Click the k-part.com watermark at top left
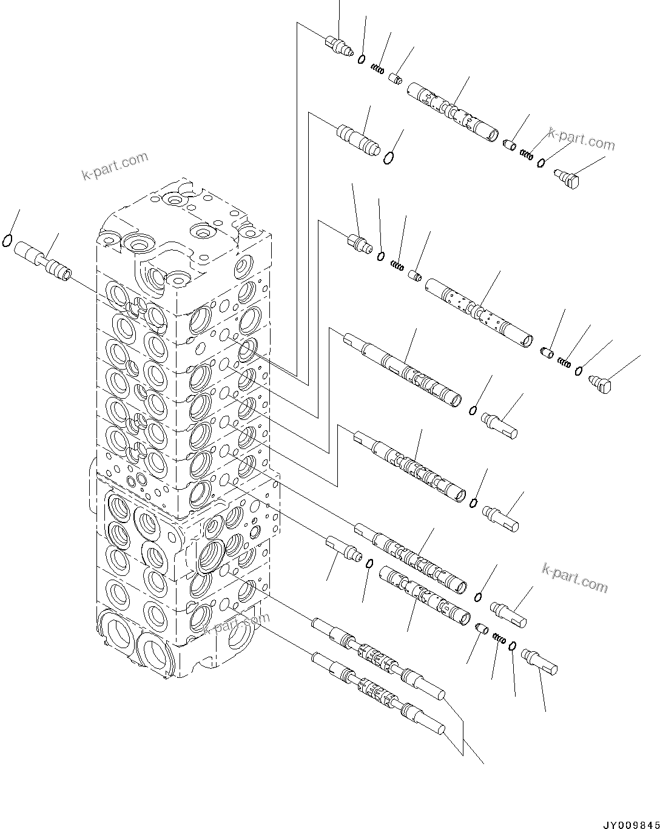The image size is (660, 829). (x=115, y=167)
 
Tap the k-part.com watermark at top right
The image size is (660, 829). (x=581, y=139)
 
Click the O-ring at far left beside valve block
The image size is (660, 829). (x=7, y=241)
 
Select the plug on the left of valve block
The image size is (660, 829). (x=42, y=257)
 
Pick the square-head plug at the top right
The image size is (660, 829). (x=568, y=178)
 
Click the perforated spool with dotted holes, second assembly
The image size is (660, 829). (x=479, y=313)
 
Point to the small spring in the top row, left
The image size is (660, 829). (x=378, y=69)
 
